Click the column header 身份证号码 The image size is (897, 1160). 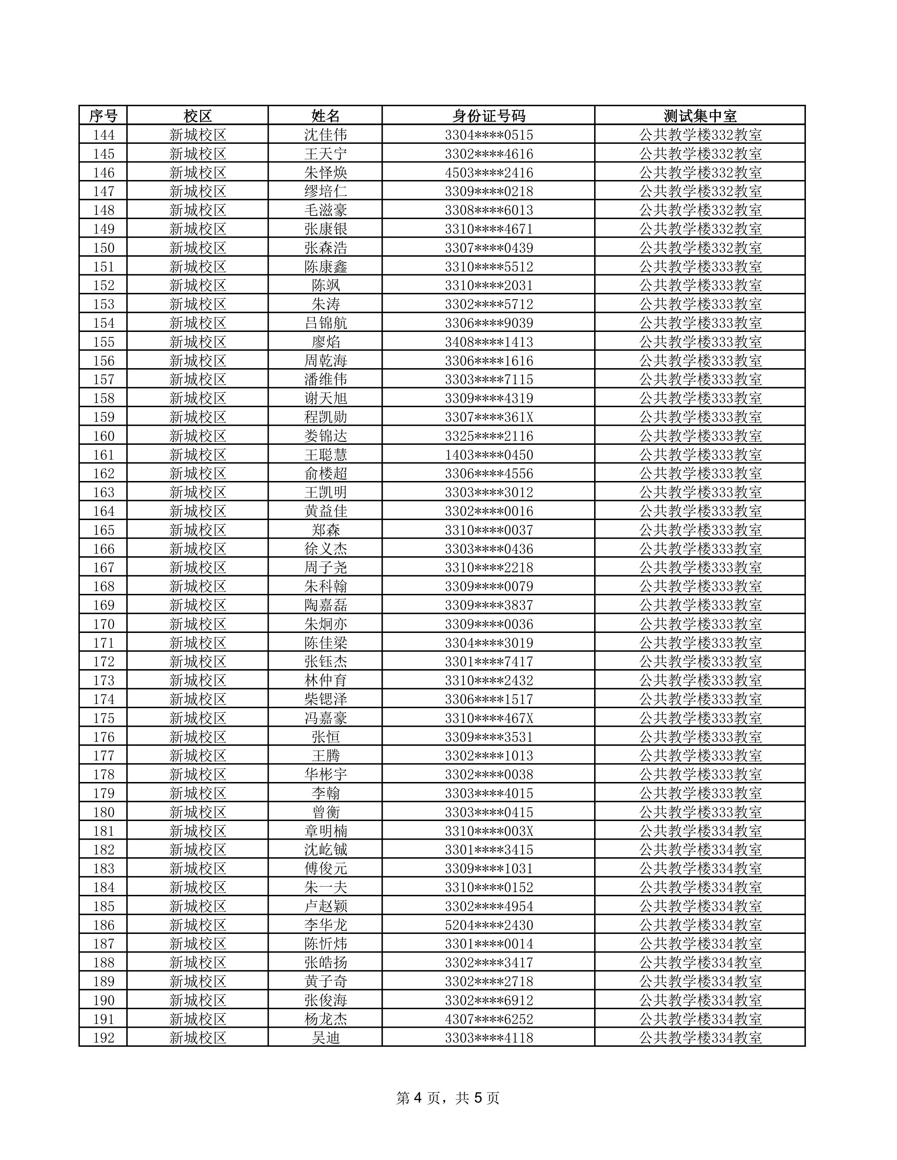click(488, 116)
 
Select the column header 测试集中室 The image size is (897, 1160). click(700, 116)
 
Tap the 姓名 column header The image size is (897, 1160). click(325, 116)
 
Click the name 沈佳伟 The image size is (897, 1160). click(325, 135)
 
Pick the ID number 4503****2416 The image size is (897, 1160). click(488, 173)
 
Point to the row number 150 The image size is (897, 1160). click(104, 248)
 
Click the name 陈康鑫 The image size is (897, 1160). click(325, 267)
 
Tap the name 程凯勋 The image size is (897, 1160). click(325, 417)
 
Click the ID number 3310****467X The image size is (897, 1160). click(488, 718)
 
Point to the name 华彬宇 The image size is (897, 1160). click(325, 774)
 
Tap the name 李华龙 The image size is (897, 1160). click(325, 925)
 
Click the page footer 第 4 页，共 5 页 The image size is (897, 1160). click(448, 1098)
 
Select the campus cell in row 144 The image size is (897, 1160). click(198, 135)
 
